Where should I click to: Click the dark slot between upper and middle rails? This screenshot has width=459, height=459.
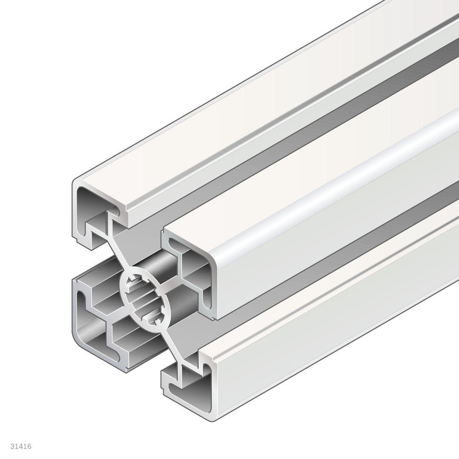(298, 141)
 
